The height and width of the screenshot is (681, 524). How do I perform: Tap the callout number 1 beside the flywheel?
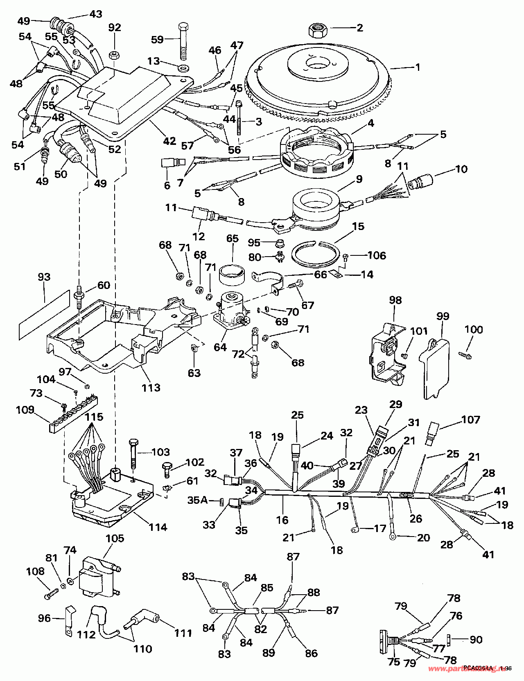tap(418, 67)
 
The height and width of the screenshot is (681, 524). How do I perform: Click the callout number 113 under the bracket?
tap(151, 387)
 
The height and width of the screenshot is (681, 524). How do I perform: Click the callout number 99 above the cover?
tap(443, 316)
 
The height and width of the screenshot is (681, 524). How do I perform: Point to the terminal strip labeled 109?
tap(74, 413)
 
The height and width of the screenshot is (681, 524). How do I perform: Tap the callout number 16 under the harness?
tap(282, 520)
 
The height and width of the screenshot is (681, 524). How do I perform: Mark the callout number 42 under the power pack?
tap(169, 141)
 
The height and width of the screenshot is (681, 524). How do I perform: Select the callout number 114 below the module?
tap(158, 527)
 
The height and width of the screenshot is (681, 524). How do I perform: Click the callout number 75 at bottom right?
tap(393, 662)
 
